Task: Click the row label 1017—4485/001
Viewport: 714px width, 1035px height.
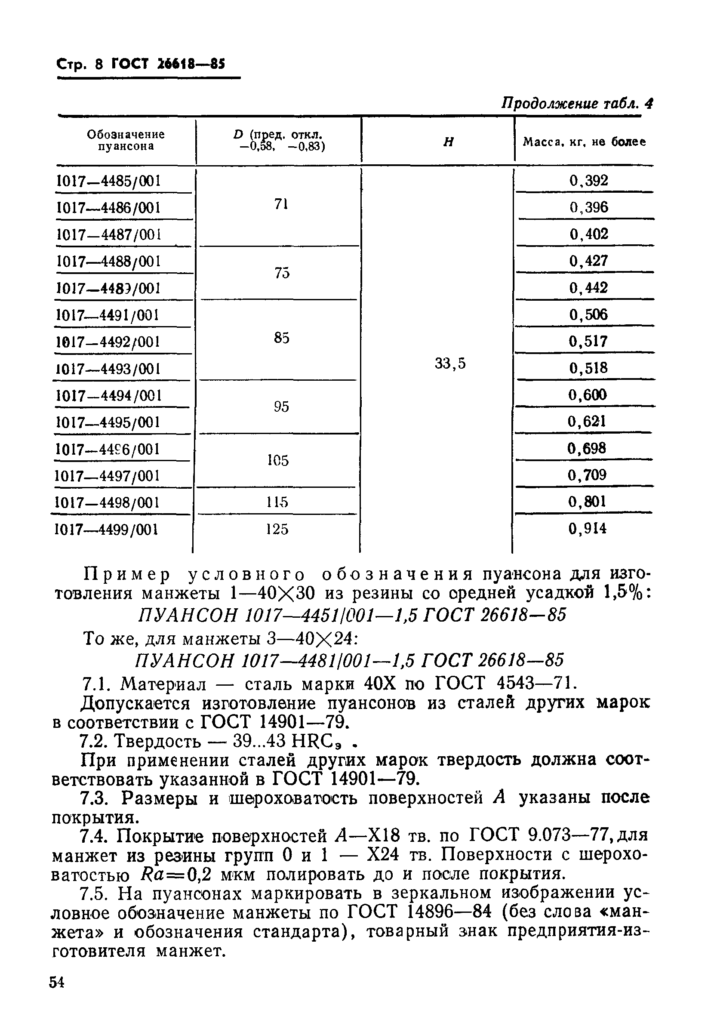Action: tap(109, 181)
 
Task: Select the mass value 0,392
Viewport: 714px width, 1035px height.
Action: tap(589, 181)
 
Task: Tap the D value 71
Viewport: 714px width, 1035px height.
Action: tap(281, 204)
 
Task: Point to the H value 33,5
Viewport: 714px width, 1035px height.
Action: tap(450, 364)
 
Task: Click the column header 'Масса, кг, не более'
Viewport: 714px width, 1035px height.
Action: tap(584, 142)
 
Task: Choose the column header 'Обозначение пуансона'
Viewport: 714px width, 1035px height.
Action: tap(126, 140)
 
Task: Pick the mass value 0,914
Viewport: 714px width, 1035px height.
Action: tap(588, 529)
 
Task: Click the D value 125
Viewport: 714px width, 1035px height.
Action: tap(277, 530)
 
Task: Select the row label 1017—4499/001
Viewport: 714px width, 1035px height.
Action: tap(107, 530)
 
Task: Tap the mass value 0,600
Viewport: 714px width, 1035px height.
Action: tap(588, 395)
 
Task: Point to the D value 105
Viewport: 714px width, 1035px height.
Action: tap(278, 460)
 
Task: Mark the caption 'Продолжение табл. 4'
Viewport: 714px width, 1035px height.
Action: tap(577, 104)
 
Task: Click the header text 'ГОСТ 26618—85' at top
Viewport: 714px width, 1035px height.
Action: tap(168, 65)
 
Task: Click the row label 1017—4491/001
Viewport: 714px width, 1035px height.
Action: tap(108, 316)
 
